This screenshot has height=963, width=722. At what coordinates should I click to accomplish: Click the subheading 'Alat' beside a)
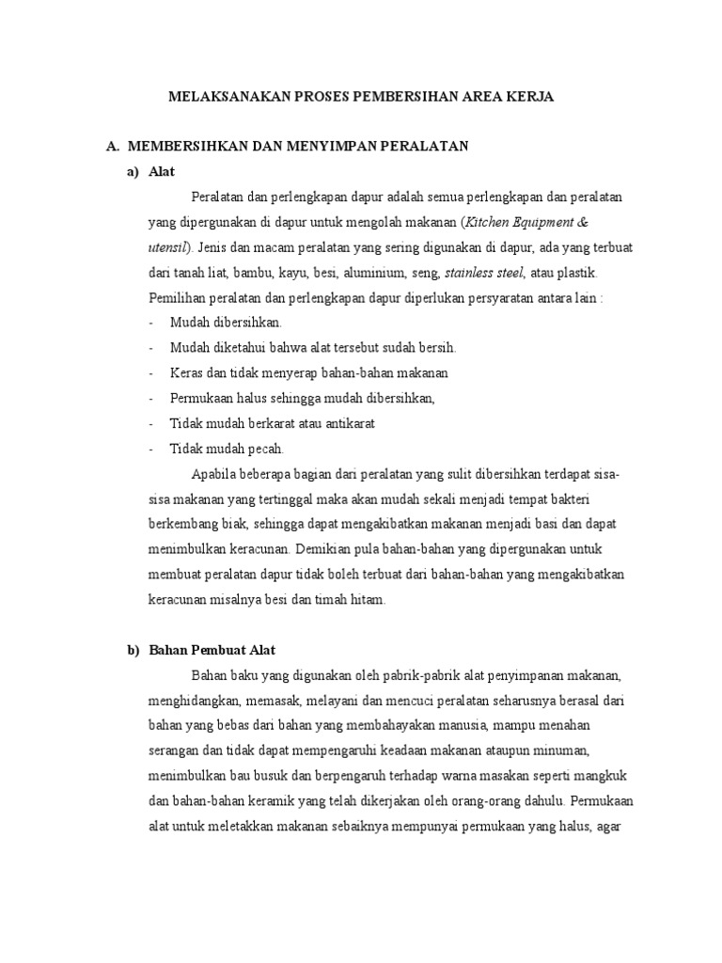click(162, 171)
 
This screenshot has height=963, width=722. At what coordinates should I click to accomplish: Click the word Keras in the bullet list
click(186, 372)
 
